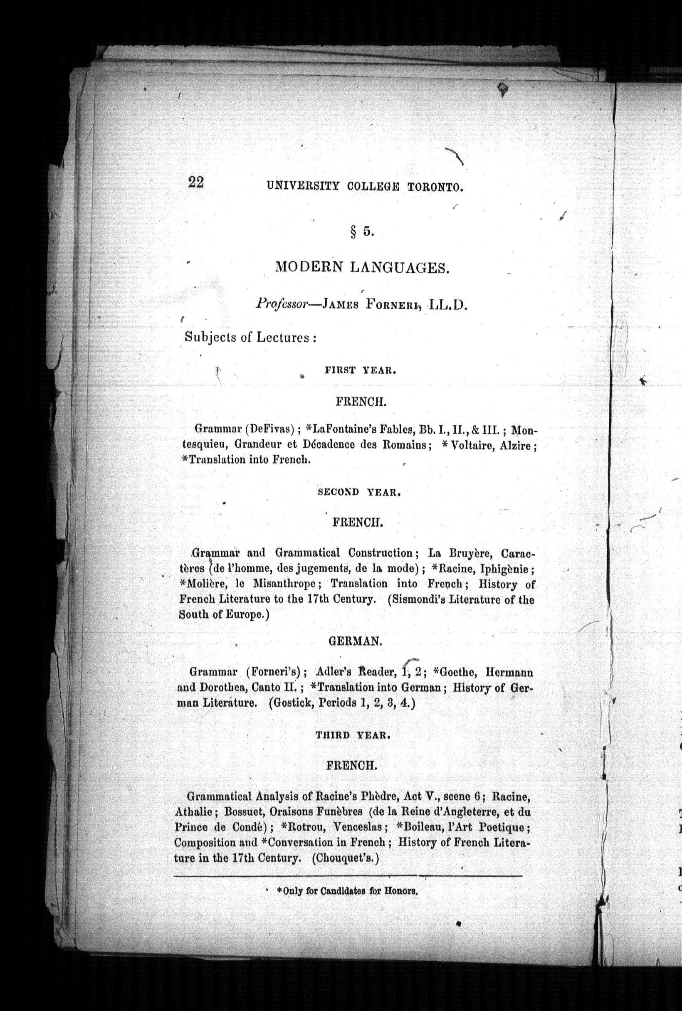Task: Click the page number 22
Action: click(196, 182)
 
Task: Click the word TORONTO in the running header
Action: click(435, 187)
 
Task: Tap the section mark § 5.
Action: click(361, 232)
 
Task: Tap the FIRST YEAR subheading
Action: click(360, 370)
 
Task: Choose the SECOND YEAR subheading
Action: click(359, 493)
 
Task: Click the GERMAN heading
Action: click(355, 641)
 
